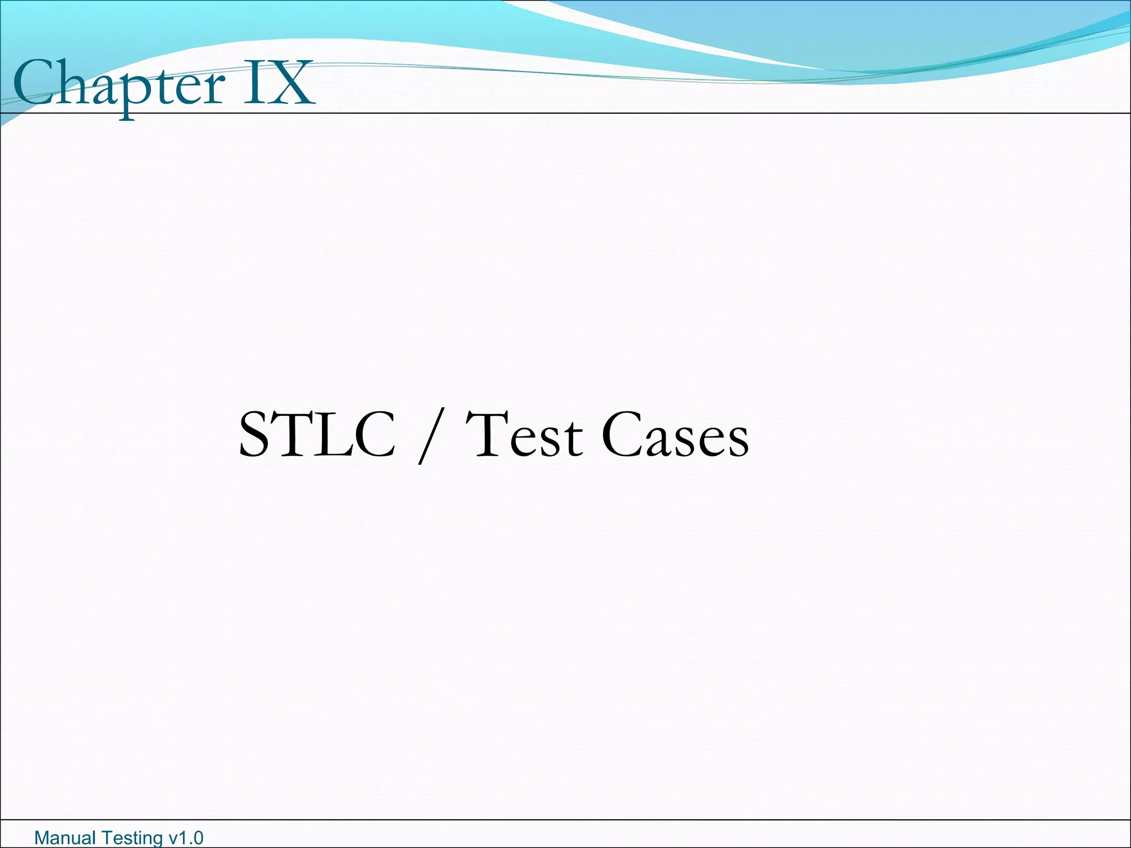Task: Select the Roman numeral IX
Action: point(279,84)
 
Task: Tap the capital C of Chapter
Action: point(32,83)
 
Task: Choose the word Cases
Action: point(675,436)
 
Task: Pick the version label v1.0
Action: point(186,838)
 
